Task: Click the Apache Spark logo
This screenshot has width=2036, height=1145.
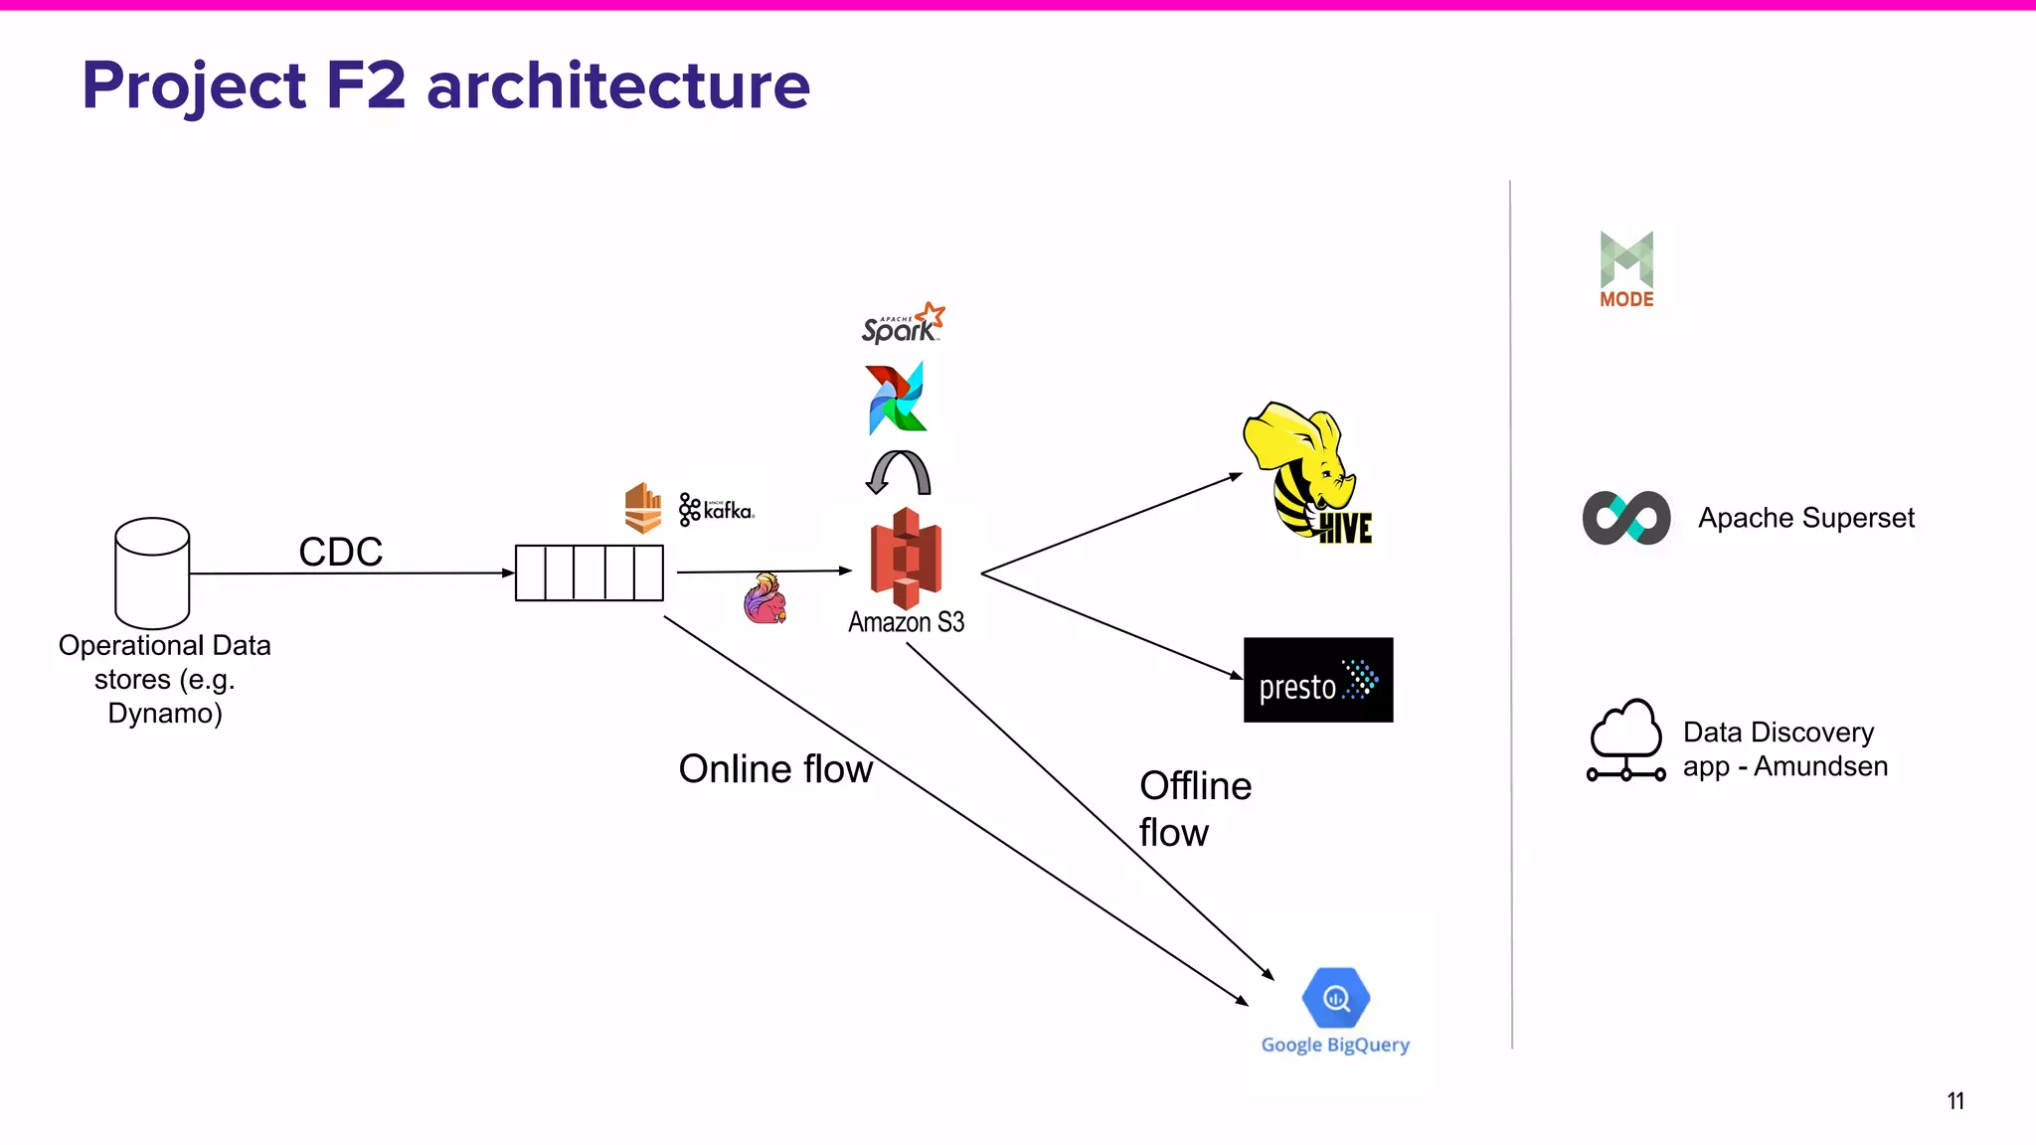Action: coord(902,324)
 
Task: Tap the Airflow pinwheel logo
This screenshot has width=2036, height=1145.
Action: coord(897,399)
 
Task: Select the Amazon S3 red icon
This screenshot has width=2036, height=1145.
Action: coord(905,559)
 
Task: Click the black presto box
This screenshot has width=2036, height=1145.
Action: coord(1317,680)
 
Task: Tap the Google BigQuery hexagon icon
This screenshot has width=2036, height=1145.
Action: coord(1336,998)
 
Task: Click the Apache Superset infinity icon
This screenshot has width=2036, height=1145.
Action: coord(1626,518)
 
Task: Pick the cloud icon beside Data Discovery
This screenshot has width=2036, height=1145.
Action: coord(1626,740)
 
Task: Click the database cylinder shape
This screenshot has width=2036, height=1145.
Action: coord(152,572)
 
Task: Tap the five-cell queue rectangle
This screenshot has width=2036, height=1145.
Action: coord(589,572)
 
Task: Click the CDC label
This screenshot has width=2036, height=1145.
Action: coord(340,552)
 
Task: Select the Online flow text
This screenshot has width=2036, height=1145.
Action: coord(774,768)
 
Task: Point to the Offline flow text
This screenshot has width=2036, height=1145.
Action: coord(1193,808)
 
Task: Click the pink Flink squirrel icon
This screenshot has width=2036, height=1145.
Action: coord(764,599)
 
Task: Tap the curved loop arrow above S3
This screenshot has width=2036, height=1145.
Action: coord(899,472)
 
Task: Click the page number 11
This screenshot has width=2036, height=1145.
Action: coord(1954,1100)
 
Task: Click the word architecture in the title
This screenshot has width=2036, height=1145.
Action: coord(617,85)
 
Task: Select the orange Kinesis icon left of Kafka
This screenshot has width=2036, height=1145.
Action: coord(643,508)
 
